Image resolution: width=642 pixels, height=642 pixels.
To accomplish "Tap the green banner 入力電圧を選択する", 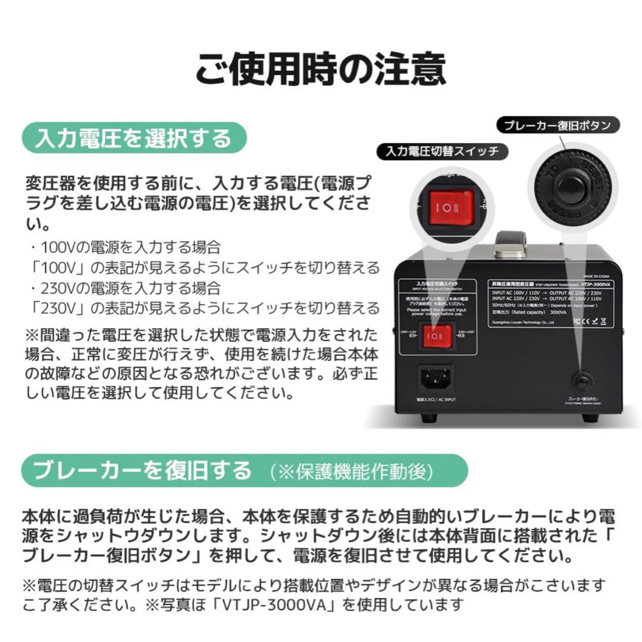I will click(134, 138).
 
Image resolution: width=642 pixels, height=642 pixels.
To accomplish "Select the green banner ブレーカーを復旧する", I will click(143, 471).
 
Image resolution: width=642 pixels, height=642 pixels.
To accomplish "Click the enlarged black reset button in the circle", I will click(569, 187).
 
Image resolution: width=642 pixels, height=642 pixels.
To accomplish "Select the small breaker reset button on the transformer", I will click(580, 380).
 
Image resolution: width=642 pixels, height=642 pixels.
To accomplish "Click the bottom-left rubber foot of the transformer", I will click(427, 418).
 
